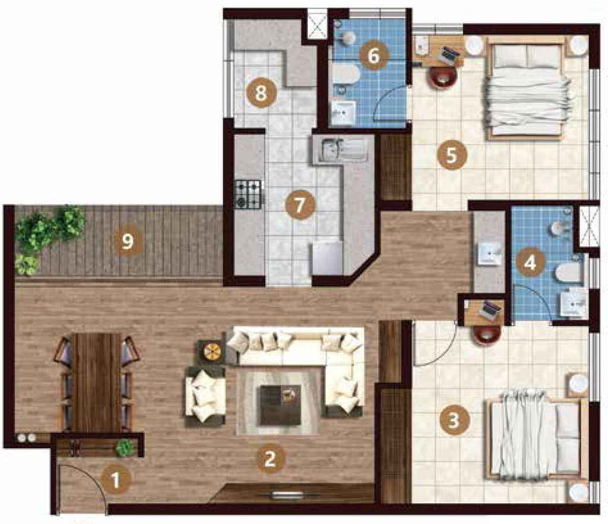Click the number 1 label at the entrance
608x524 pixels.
pos(115,481)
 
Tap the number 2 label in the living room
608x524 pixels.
pos(270,459)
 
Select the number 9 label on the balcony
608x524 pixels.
pos(128,241)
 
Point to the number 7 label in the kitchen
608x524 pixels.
pos(299,205)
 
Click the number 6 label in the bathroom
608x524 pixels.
pos(373,55)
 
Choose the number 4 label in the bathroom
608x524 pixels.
pos(530,263)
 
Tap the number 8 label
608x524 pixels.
pos(261,93)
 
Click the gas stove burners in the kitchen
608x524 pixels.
pos(248,193)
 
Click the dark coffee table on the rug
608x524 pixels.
pos(280,405)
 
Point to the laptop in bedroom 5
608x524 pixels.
pos(448,55)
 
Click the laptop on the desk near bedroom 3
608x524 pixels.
pos(489,310)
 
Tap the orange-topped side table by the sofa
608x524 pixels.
pos(212,351)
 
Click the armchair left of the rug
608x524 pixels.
pos(205,396)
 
